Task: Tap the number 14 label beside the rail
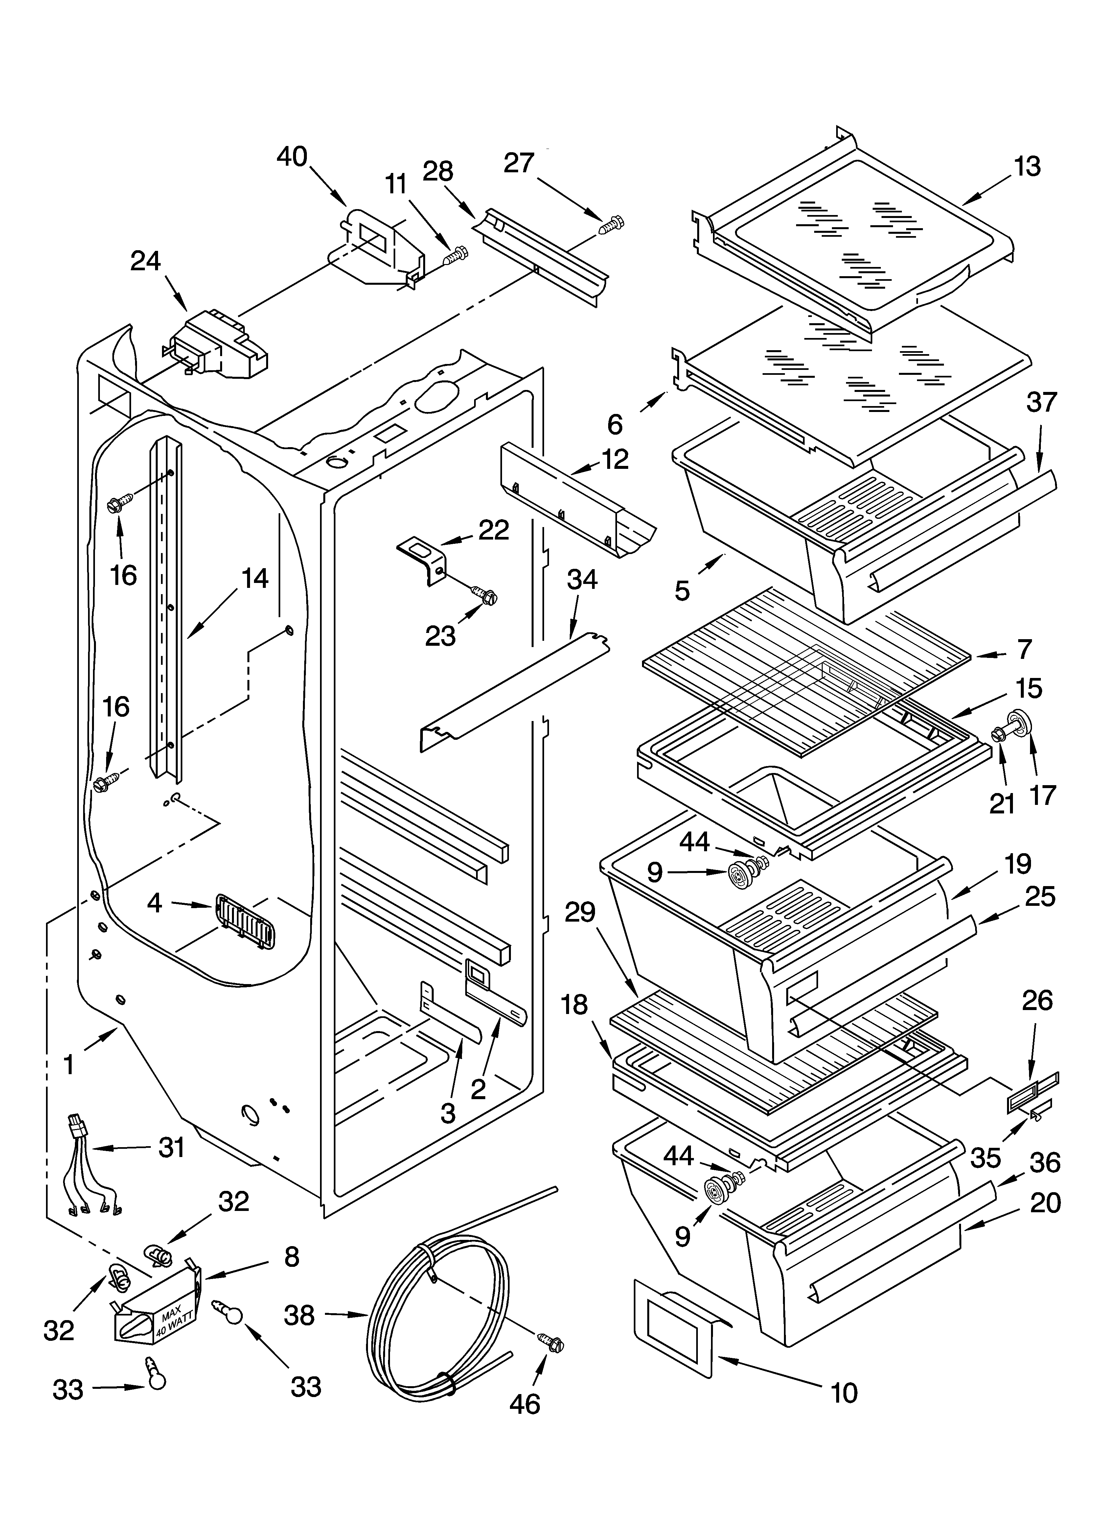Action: point(255,578)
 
